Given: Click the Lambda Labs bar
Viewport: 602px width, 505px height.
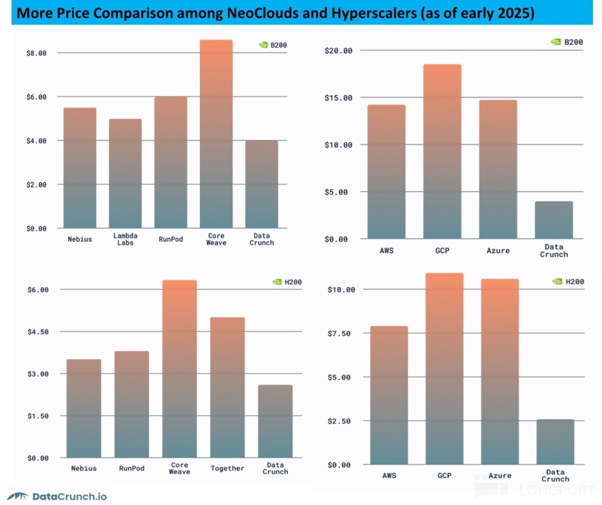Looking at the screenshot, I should click(x=125, y=174).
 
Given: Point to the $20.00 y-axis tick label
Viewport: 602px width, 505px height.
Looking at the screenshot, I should click(x=339, y=51).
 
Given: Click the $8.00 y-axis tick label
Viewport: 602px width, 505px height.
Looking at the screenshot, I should click(x=36, y=53).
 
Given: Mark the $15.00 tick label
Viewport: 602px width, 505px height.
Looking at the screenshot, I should click(x=339, y=98).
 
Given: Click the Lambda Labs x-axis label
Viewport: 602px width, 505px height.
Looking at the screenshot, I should click(x=125, y=239).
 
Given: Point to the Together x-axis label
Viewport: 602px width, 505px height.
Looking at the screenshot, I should click(x=227, y=469).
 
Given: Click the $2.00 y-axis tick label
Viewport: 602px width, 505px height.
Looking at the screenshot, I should click(x=36, y=185).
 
